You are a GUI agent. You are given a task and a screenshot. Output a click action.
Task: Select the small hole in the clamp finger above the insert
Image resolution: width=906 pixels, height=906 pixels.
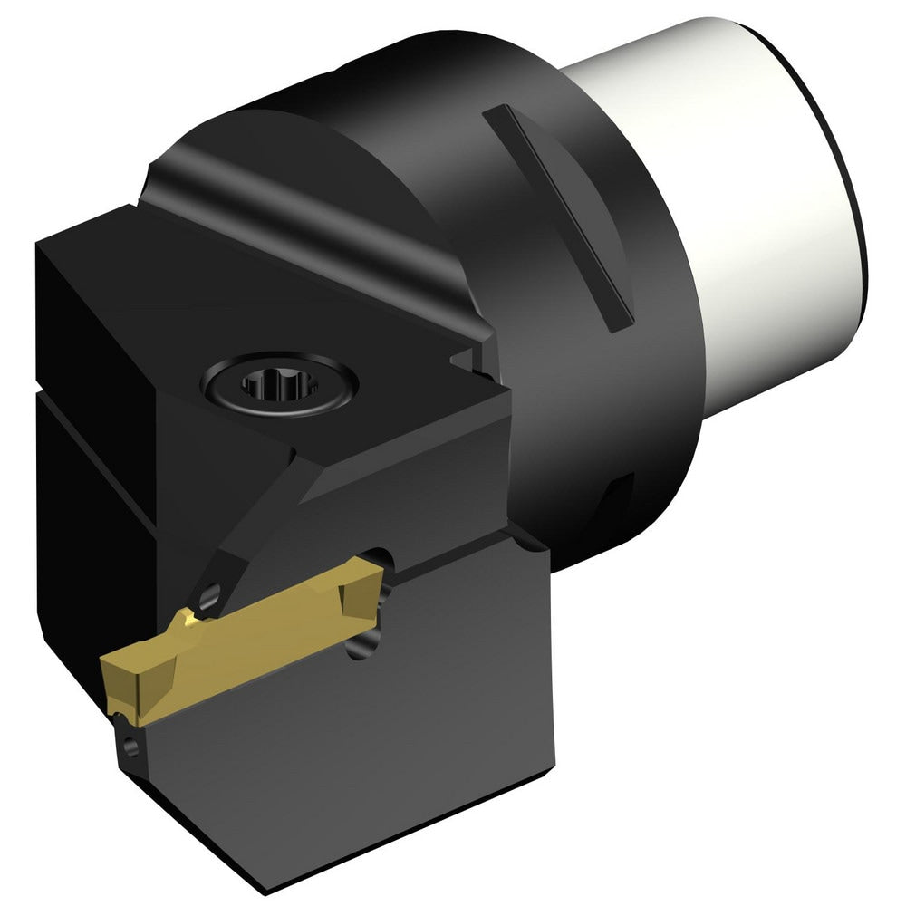pyautogui.click(x=210, y=595)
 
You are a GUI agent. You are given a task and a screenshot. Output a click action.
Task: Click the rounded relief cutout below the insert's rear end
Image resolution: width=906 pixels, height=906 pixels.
pyautogui.click(x=371, y=634)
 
